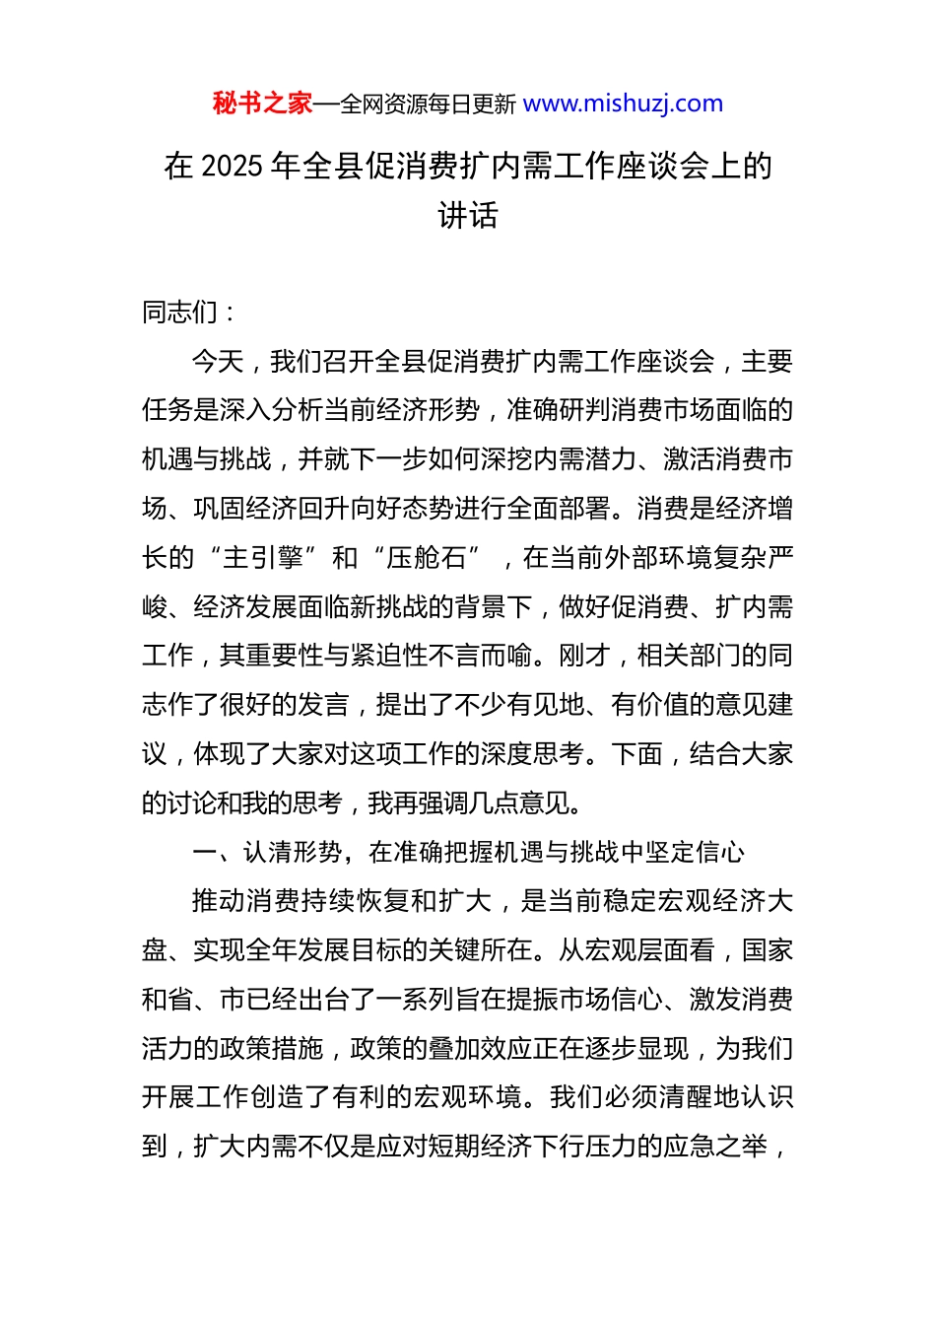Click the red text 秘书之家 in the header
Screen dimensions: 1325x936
click(x=262, y=104)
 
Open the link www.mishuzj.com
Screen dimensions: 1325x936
click(x=623, y=104)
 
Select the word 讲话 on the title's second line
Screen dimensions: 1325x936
click(x=468, y=215)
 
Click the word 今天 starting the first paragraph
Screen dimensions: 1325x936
click(x=218, y=362)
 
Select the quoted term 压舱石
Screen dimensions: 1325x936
click(x=426, y=558)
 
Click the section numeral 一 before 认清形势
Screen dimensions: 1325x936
click(x=204, y=853)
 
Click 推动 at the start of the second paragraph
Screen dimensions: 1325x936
click(x=218, y=901)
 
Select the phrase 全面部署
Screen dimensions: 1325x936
click(x=558, y=509)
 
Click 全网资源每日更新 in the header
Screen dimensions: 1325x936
click(x=428, y=105)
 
